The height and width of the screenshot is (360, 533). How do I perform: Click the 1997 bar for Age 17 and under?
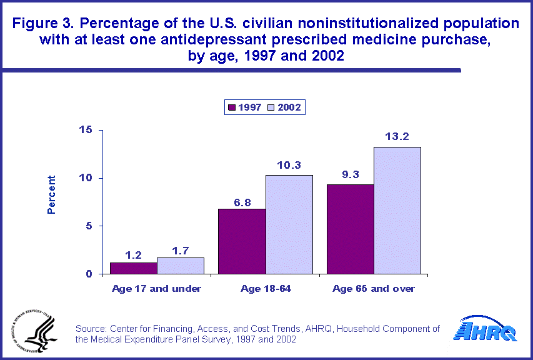133,268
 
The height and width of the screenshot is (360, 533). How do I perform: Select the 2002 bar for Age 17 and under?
181,266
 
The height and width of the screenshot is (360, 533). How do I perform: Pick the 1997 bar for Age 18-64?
241,241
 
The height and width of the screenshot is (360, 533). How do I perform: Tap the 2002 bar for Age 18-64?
289,224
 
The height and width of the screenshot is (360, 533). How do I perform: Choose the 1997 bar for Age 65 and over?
350,229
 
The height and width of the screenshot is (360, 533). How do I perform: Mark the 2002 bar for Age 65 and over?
397,211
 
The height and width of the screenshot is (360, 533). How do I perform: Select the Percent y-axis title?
52,194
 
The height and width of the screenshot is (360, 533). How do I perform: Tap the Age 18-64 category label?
265,289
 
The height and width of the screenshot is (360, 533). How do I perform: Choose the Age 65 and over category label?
374,289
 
